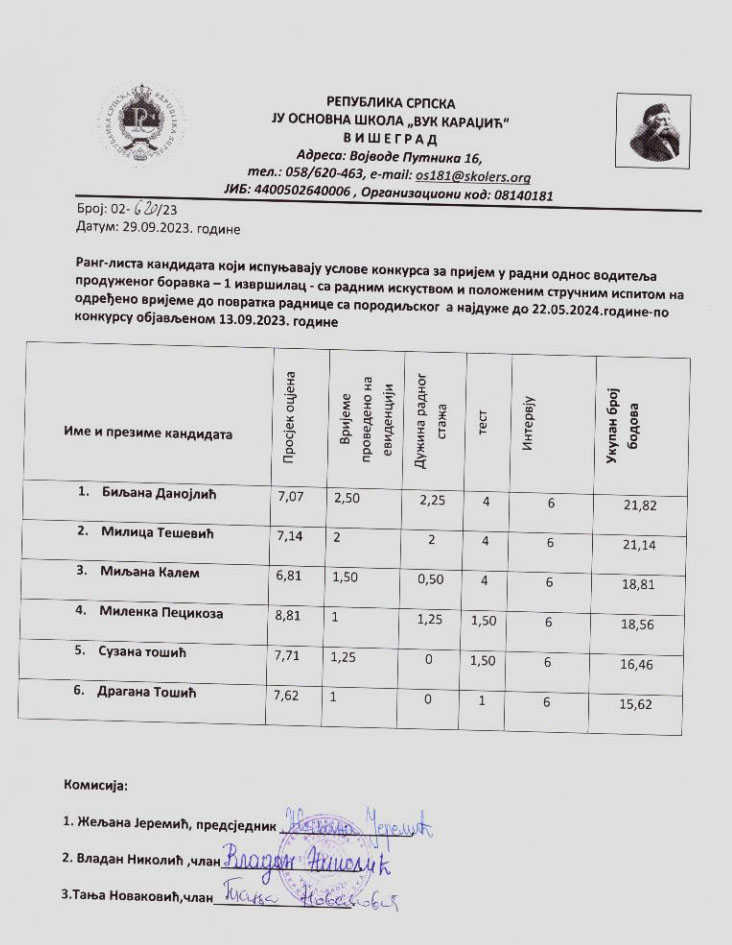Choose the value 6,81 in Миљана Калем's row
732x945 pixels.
287,577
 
